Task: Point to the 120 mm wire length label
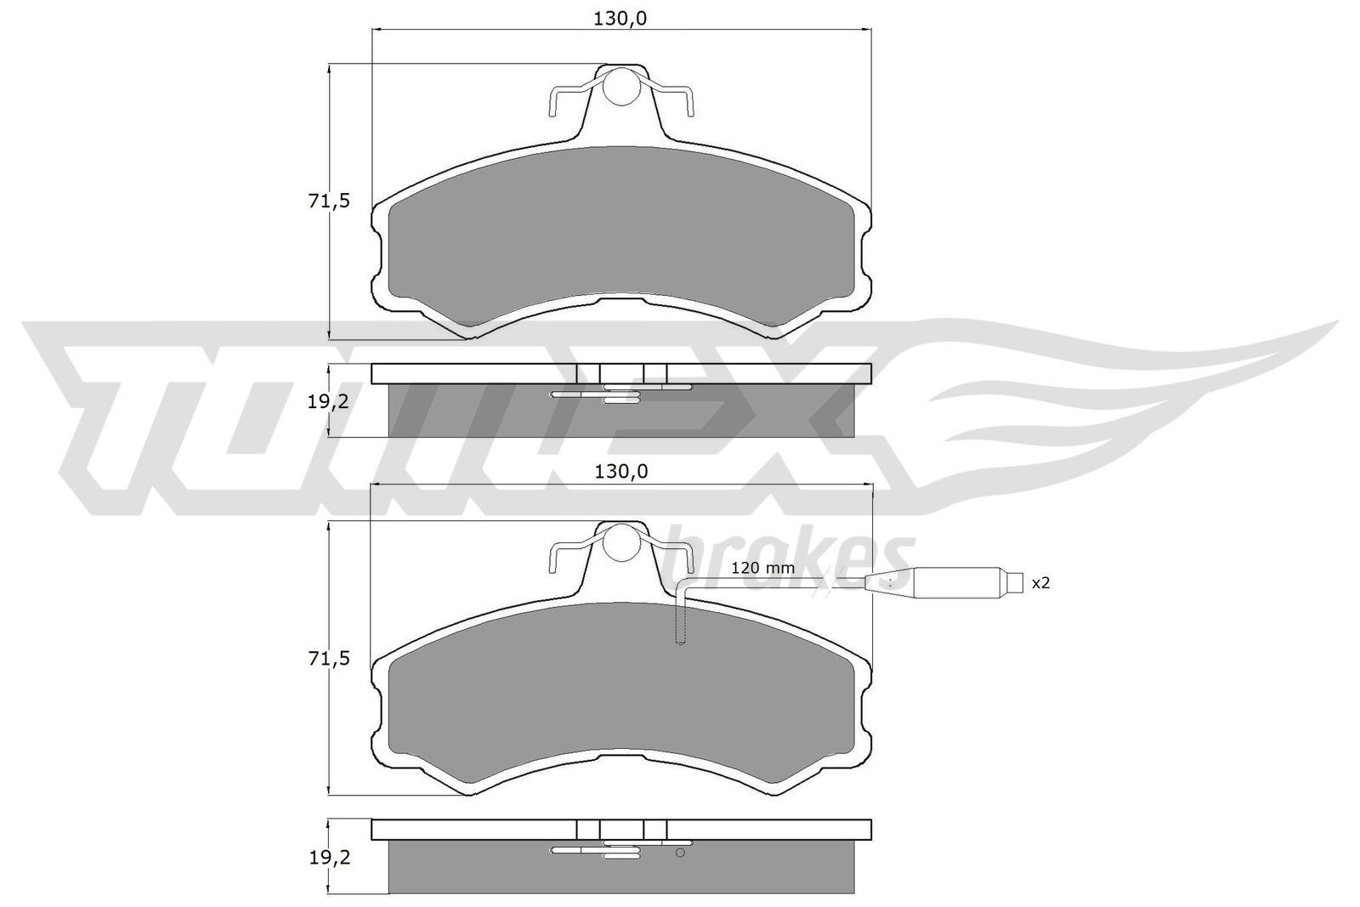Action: pos(762,568)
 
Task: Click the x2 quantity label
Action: pos(1041,583)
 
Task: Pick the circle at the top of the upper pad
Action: pos(622,85)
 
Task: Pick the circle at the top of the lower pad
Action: pos(622,541)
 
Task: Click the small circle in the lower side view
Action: pos(679,853)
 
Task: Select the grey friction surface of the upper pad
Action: pos(620,238)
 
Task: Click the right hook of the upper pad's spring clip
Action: pos(690,102)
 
